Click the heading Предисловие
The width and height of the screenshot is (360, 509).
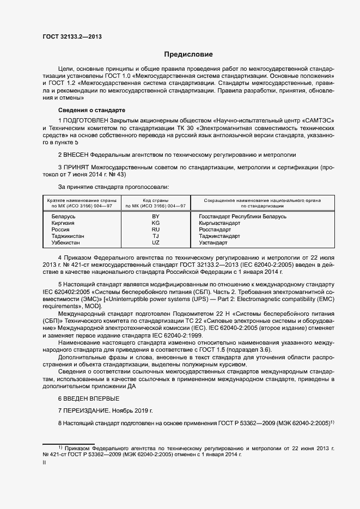click(x=188, y=54)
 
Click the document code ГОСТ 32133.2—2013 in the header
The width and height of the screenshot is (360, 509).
click(x=72, y=36)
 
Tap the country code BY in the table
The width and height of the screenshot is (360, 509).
click(x=156, y=217)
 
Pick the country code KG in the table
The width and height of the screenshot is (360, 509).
click(x=156, y=223)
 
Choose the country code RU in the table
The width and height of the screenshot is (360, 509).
click(x=156, y=230)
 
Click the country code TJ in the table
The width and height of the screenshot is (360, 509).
click(x=156, y=236)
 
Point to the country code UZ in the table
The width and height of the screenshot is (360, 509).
click(x=156, y=243)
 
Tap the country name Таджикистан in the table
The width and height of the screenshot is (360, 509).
click(x=68, y=236)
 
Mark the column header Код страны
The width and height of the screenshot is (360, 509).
click(x=156, y=200)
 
